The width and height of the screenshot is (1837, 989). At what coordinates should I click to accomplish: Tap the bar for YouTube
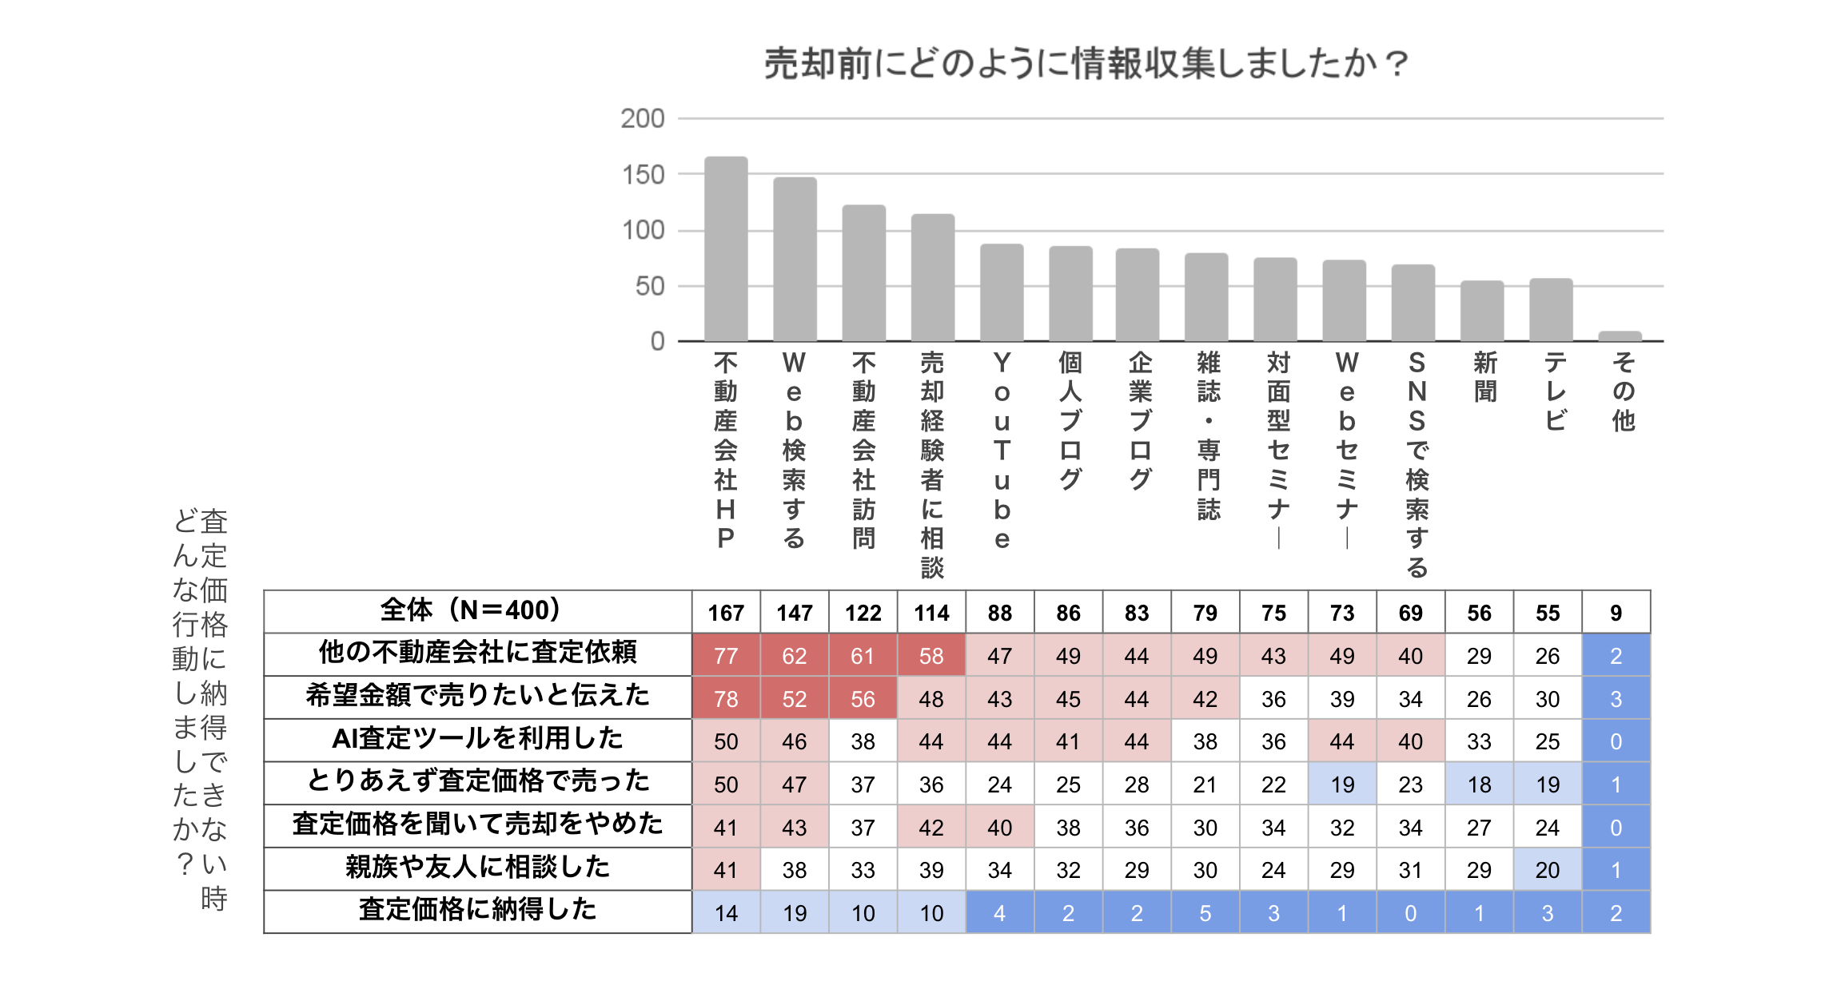1002,292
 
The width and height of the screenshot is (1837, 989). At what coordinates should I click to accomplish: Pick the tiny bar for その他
1620,336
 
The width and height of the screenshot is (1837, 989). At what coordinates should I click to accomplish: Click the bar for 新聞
1482,311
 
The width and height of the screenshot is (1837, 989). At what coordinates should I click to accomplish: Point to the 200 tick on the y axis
643,119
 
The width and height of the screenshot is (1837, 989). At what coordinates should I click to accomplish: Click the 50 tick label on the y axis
649,286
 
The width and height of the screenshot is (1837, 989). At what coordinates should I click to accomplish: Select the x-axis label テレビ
1555,391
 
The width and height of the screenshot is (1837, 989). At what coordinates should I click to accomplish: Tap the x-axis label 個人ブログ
1070,420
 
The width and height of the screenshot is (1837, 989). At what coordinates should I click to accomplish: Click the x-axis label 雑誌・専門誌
1208,435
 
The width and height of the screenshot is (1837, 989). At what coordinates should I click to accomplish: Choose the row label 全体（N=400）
477,611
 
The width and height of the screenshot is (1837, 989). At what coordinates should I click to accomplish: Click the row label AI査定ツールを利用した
477,739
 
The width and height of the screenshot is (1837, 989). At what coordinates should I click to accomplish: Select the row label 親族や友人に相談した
477,868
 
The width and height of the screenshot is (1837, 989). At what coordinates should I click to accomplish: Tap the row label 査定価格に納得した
477,910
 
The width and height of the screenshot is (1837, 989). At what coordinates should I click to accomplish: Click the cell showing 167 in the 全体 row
726,613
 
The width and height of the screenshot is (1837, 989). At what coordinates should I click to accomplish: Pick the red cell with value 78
726,699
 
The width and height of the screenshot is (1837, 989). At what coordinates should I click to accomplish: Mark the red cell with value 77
726,656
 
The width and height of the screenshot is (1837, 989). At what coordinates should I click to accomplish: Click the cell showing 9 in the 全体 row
1616,613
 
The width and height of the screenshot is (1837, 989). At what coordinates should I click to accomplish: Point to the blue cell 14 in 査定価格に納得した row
726,913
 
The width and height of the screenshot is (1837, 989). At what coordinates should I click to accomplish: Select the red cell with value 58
931,656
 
